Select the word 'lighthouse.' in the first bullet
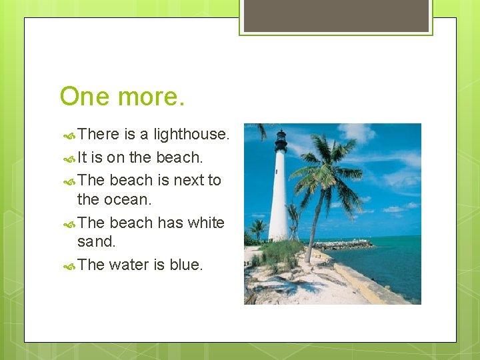point(191,134)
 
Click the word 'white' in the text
point(206,222)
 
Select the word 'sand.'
point(96,241)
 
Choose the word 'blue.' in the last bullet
point(186,265)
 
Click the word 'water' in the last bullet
point(129,265)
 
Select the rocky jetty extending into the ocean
point(347,245)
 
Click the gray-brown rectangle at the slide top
point(336,15)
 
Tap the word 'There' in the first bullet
point(98,134)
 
